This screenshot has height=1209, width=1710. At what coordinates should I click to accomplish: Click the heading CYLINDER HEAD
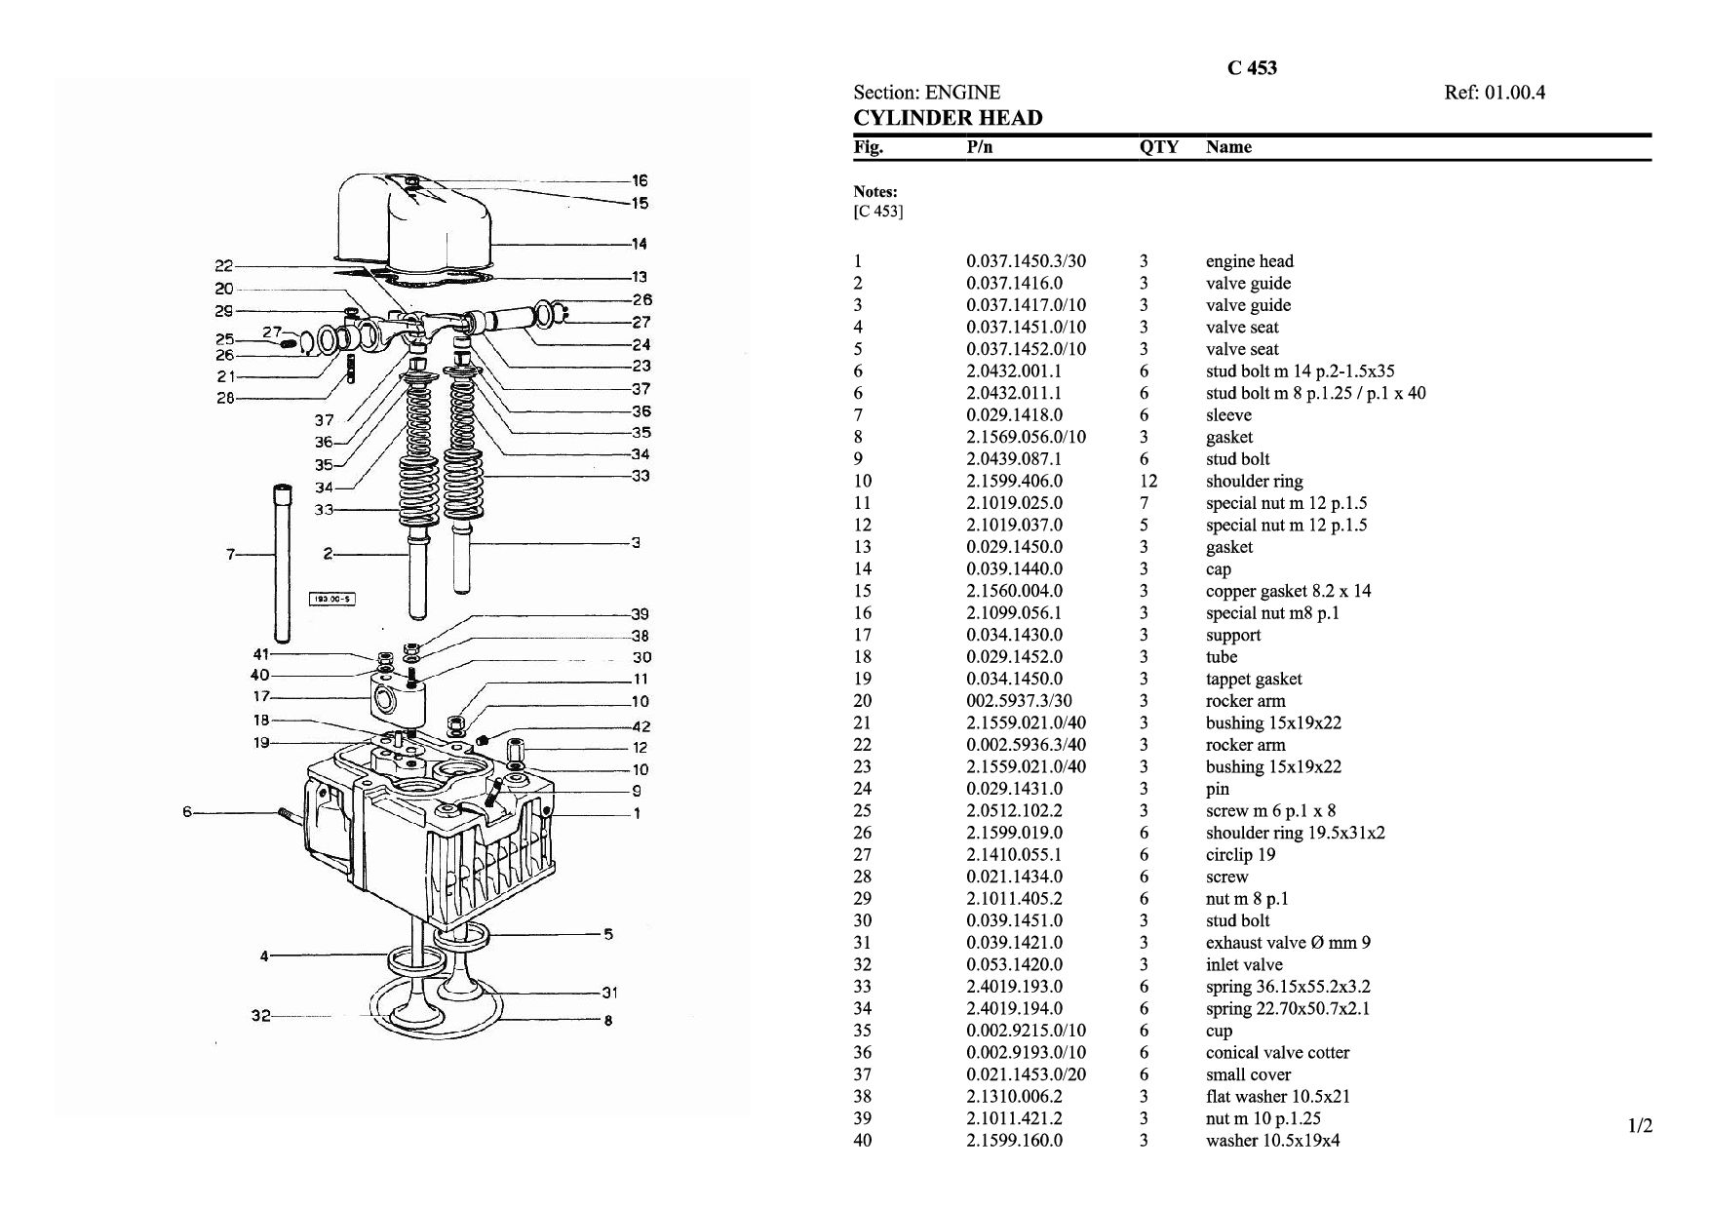coord(948,118)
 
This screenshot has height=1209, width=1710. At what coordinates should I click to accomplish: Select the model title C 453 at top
coord(1252,67)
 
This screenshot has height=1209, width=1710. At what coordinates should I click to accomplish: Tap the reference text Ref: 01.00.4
coord(1495,93)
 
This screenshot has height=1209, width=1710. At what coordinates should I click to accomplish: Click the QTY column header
coord(1158,147)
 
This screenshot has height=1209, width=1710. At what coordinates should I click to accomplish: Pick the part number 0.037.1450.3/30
coord(1026,261)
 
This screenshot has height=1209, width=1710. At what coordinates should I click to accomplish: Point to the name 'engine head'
coord(1250,261)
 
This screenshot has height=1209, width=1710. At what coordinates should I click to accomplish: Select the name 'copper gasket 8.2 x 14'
coord(1288,591)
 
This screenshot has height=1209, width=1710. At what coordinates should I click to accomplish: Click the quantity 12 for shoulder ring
coord(1148,481)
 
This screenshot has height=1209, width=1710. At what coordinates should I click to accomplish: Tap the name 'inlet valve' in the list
coord(1244,964)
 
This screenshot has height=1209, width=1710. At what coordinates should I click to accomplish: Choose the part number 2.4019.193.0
coord(1014,987)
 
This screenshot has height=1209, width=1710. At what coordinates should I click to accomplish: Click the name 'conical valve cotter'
coord(1277,1052)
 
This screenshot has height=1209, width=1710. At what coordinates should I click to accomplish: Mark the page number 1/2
coord(1641,1127)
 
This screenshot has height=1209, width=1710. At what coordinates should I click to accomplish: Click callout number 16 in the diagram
coord(640,180)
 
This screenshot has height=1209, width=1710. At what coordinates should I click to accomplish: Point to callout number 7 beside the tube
coord(231,554)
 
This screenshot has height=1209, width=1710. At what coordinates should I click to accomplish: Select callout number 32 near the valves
coord(260,1016)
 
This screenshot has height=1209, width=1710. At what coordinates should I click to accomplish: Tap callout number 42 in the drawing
coord(641,726)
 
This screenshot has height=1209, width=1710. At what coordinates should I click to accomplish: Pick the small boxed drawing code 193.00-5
coord(331,599)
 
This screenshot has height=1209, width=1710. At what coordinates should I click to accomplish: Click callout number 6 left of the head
coord(188,811)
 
